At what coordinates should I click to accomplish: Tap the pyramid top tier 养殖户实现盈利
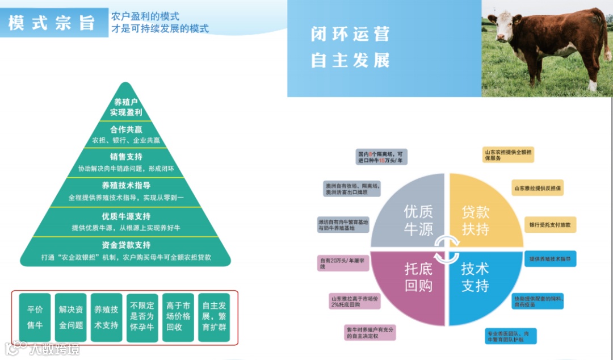click(x=125, y=107)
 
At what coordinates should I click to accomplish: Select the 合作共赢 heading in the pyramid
click(x=126, y=129)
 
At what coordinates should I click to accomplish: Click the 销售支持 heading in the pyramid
click(x=126, y=157)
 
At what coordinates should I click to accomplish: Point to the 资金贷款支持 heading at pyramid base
click(x=126, y=245)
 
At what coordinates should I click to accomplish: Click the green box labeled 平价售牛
click(x=35, y=317)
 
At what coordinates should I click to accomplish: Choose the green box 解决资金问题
click(x=71, y=317)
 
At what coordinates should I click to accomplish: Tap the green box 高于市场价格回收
click(x=178, y=317)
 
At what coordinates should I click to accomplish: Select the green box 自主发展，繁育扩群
click(x=214, y=317)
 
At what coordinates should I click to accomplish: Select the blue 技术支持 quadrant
click(x=480, y=281)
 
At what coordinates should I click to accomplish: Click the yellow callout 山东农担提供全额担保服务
click(x=508, y=155)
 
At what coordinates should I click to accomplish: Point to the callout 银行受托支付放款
click(x=551, y=225)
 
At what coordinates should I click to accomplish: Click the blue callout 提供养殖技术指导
click(x=550, y=259)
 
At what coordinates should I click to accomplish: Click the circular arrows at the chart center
click(x=446, y=248)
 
